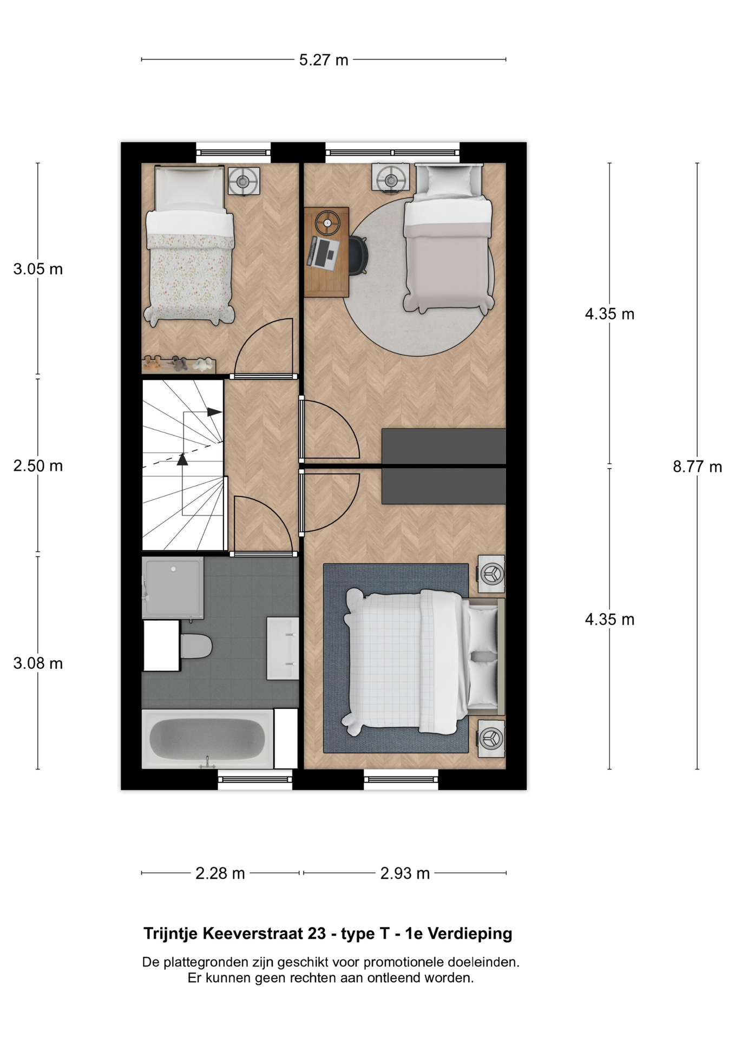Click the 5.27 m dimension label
[324, 60]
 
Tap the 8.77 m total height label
[697, 466]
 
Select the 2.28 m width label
[220, 873]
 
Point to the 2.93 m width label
[405, 873]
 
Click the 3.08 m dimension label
[38, 663]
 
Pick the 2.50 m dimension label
[38, 465]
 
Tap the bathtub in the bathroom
[208, 739]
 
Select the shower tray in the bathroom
[173, 588]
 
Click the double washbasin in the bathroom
[283, 648]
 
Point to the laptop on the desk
[323, 252]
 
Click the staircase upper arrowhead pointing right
[215, 412]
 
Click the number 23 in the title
[317, 933]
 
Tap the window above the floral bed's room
[233, 153]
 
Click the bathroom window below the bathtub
[255, 779]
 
